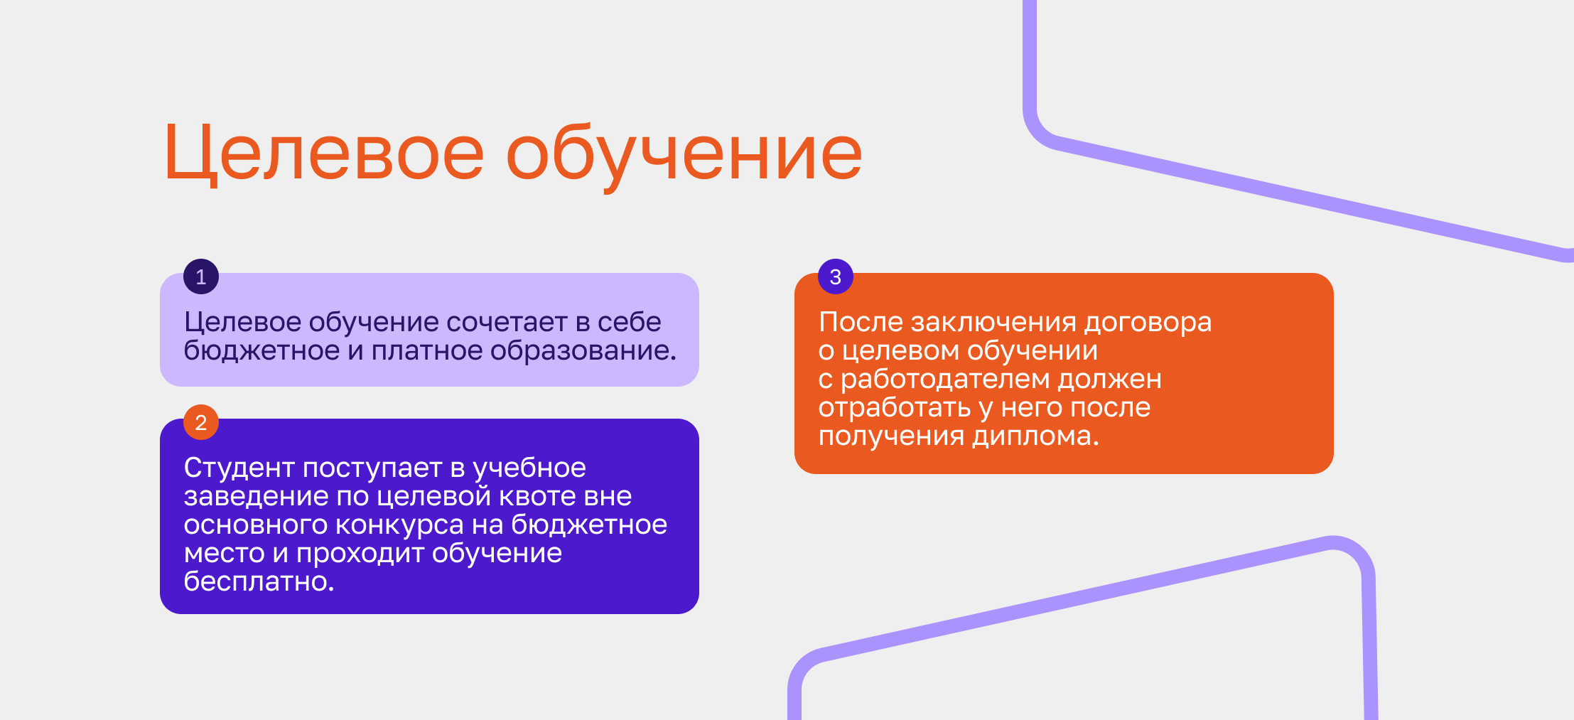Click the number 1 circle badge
201,276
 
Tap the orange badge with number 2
201,422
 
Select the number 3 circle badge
836,276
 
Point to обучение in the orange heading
684,156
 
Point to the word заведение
256,497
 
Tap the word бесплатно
259,581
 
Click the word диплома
1035,436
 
